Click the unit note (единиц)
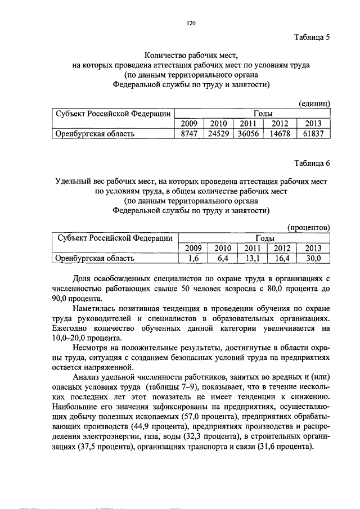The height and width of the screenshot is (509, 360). coord(314,103)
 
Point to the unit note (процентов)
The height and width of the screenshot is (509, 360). coord(308,227)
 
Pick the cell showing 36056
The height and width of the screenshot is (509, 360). coord(247,134)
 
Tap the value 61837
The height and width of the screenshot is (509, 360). coord(312,134)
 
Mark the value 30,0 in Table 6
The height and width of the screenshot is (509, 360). coord(312,259)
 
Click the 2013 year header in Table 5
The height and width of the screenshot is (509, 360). coord(312,124)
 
